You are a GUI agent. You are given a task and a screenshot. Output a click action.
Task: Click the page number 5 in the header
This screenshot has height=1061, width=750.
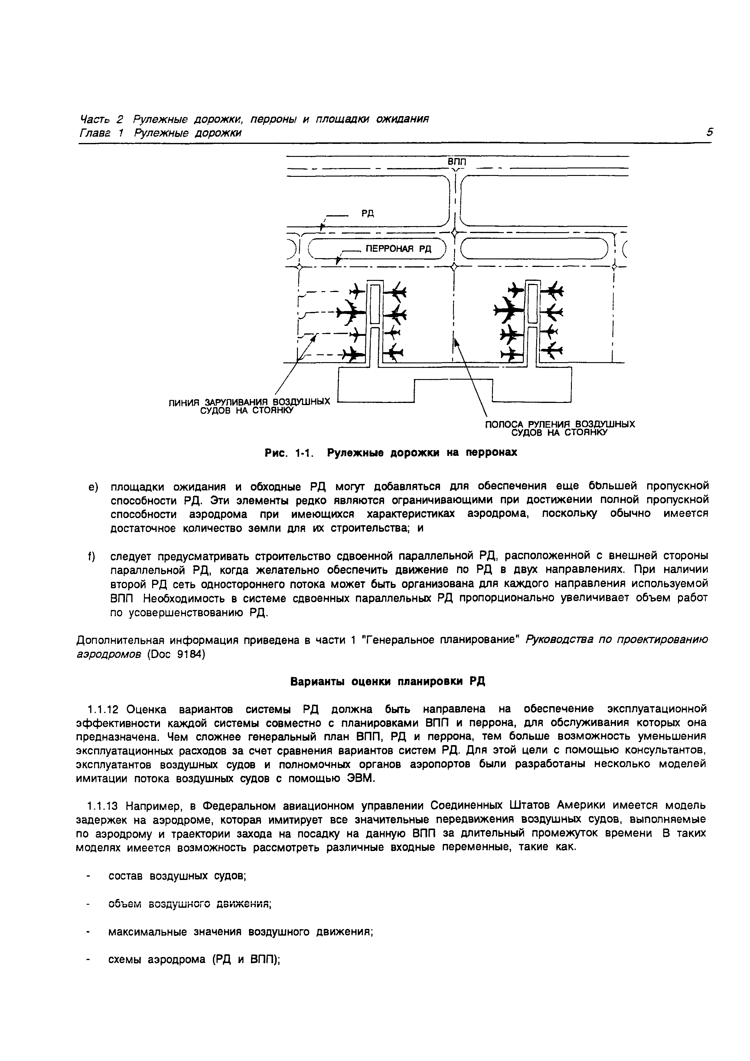(709, 133)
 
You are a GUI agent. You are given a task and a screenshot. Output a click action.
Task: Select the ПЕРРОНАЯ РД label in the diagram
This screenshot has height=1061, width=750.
(398, 249)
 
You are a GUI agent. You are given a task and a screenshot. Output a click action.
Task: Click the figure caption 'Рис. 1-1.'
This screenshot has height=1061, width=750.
(289, 453)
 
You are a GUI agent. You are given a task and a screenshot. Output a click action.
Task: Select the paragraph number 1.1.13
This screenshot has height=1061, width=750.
(104, 806)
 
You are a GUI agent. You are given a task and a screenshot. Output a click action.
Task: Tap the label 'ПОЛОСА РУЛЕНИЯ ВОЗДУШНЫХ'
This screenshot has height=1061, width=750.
(559, 424)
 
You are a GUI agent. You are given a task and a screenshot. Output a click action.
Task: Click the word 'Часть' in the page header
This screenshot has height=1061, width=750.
(95, 119)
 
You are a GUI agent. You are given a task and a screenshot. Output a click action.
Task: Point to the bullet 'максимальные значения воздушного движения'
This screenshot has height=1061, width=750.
(240, 932)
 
